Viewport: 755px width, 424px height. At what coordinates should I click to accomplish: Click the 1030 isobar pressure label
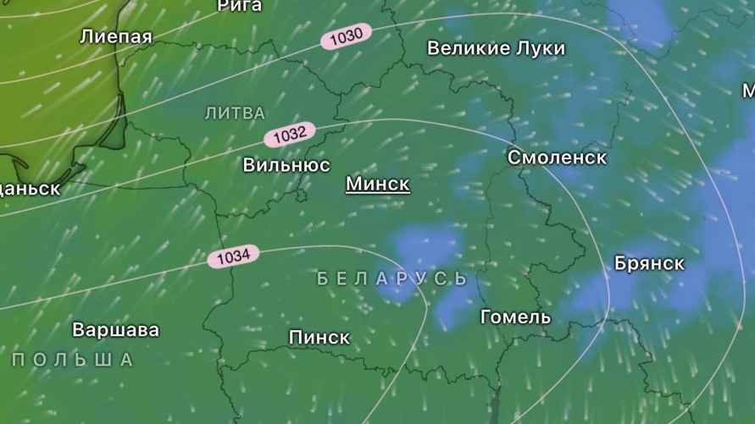[x=347, y=36]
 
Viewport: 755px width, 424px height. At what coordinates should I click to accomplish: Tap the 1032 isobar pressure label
[x=290, y=134]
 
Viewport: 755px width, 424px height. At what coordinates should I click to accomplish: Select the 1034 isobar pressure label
[x=233, y=256]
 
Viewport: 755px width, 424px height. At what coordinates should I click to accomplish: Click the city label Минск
[x=378, y=183]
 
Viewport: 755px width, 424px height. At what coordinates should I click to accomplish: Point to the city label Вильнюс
[x=286, y=165]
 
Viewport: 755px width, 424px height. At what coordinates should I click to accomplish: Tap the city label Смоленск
[x=557, y=157]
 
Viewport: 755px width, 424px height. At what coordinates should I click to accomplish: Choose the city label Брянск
[x=649, y=263]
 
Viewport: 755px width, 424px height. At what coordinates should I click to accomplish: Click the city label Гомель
[x=515, y=317]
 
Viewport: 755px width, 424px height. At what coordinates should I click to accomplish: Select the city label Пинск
[x=319, y=338]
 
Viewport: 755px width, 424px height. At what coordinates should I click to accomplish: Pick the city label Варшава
[x=115, y=328]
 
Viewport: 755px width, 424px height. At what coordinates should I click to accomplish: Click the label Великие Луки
[x=496, y=48]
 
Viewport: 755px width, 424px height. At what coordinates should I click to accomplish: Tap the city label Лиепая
[x=116, y=36]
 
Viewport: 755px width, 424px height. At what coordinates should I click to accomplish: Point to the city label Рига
[x=240, y=6]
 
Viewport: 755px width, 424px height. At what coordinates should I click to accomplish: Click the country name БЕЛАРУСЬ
[x=392, y=278]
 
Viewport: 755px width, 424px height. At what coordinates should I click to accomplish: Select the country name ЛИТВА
[x=235, y=113]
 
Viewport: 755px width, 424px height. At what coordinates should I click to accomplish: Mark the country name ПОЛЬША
[x=73, y=360]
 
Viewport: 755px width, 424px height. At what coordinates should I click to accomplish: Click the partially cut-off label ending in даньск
[x=30, y=188]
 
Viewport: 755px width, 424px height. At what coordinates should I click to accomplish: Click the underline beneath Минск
[x=378, y=195]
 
